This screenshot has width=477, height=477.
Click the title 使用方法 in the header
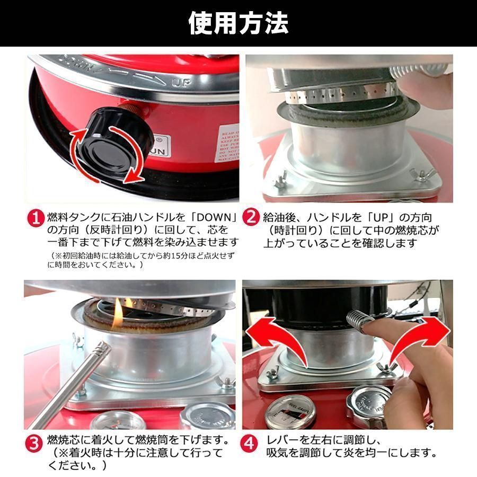click(238, 23)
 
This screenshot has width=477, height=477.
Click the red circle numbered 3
click(36, 443)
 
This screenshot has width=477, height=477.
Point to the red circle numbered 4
click(250, 443)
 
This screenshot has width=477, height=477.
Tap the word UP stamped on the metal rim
click(180, 83)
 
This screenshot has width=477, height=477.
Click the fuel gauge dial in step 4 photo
click(289, 411)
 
